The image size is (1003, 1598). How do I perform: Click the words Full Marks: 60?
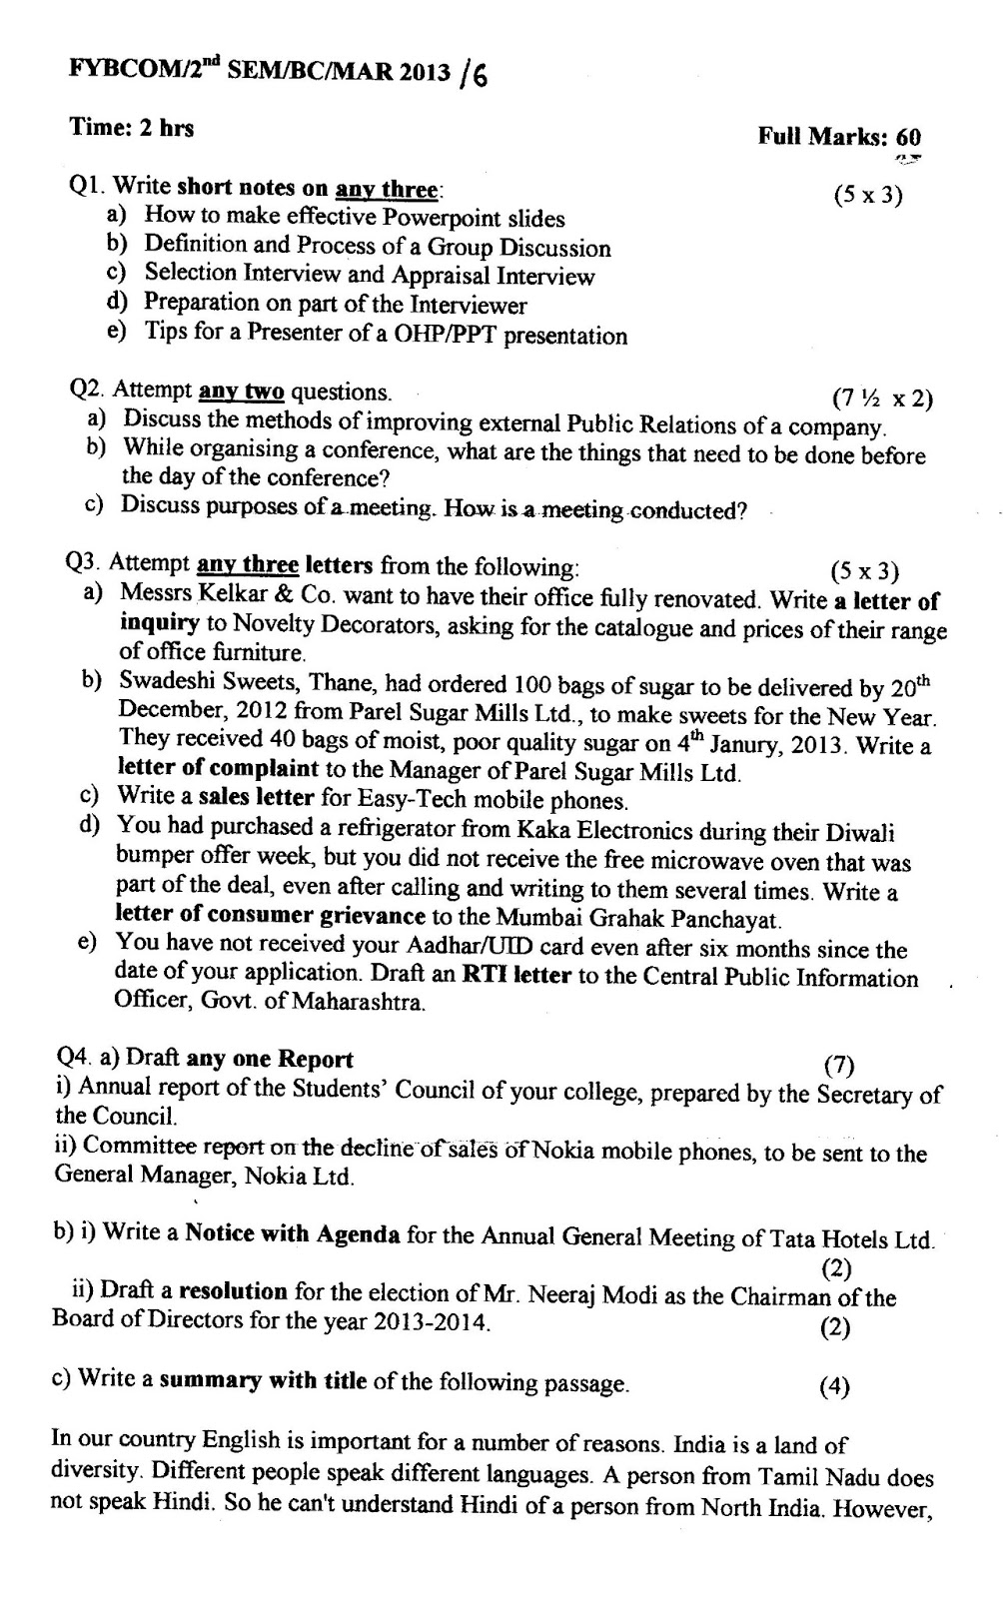(839, 137)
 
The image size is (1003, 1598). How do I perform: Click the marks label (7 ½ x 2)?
(882, 399)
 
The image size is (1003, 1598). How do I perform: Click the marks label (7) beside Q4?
(838, 1066)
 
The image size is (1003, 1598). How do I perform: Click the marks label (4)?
(834, 1385)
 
